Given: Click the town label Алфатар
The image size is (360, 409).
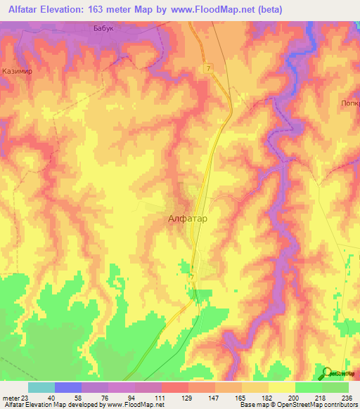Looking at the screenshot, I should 188,219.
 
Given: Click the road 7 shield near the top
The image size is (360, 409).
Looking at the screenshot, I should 209,67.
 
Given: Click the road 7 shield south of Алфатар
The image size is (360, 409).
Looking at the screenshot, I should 191,277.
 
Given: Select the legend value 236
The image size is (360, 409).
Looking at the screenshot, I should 347,398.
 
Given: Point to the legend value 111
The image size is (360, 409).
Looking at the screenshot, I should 160,398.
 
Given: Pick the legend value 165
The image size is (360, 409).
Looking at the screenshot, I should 240,398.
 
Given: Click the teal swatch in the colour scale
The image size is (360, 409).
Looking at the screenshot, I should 41,387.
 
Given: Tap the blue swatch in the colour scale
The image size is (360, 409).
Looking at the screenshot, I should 68,387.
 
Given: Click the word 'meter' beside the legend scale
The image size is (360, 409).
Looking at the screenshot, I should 8,398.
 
